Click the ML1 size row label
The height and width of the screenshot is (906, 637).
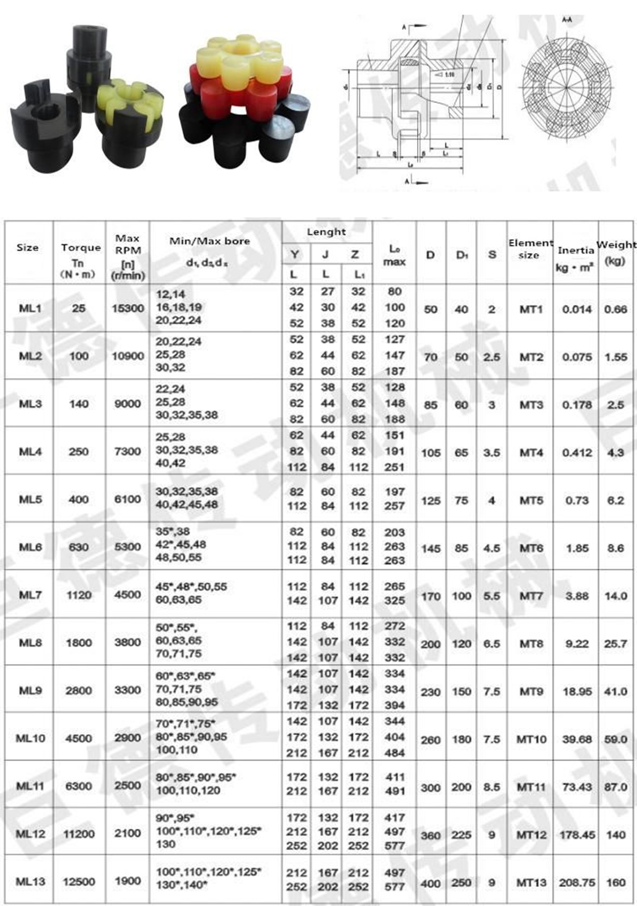pos(30,308)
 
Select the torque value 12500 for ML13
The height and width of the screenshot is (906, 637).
pos(79,881)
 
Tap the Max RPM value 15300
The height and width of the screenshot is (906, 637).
pos(128,308)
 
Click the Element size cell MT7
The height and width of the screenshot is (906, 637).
pos(531,596)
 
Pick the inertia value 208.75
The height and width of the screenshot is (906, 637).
pos(577,882)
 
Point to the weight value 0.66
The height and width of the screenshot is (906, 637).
pos(615,309)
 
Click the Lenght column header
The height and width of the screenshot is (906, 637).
pos(326,232)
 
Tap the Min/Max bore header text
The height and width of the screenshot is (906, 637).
pos(210,241)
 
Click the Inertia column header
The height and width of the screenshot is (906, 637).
pos(576,250)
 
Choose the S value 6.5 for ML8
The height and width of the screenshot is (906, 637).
pos(492,644)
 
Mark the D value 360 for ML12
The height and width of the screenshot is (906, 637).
pos(430,835)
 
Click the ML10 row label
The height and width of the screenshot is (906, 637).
pos(30,738)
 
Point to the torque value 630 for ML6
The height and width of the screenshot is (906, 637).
pos(79,547)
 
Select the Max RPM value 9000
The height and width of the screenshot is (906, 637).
pos(128,404)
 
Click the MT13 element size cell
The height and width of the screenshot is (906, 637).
pos(531,882)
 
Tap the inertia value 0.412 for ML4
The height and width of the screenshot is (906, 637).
pos(577,453)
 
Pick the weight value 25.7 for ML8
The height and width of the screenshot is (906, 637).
pos(615,644)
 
